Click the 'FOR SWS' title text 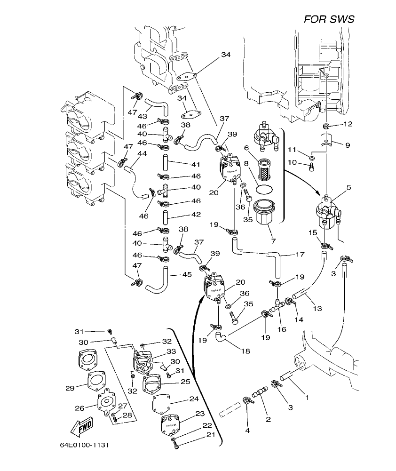click(329, 19)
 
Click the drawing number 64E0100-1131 click(86, 445)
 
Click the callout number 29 click(70, 388)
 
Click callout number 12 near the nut click(348, 124)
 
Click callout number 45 click(187, 274)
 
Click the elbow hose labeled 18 click(221, 337)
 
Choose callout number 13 click(317, 308)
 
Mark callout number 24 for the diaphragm click(194, 399)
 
